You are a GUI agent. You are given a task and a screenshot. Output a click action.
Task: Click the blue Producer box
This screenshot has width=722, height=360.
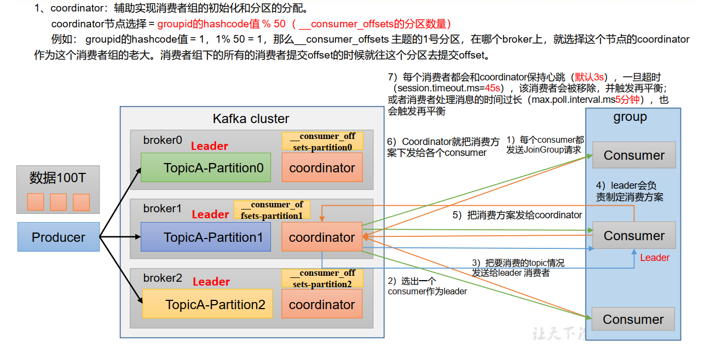click(x=59, y=237)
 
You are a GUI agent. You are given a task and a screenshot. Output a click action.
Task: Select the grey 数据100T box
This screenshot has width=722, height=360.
click(x=58, y=189)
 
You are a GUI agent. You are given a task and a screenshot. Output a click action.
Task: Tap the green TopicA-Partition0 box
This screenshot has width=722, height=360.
click(x=206, y=167)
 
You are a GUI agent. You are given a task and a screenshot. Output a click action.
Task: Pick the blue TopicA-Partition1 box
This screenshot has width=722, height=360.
click(x=206, y=237)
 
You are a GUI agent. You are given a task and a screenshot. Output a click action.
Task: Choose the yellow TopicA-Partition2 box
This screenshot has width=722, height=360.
click(x=207, y=304)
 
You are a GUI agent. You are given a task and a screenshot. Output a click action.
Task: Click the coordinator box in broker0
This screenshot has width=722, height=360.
click(x=322, y=167)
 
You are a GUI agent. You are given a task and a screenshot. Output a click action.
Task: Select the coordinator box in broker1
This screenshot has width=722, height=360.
click(x=322, y=237)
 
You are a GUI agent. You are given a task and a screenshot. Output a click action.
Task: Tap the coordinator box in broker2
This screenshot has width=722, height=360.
click(x=322, y=304)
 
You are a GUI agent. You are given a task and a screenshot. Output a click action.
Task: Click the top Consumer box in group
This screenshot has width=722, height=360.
click(x=634, y=155)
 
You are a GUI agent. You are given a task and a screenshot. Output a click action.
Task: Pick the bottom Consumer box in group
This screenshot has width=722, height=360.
click(x=633, y=319)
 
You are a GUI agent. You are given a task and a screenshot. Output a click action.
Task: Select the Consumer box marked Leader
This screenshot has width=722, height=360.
click(x=634, y=236)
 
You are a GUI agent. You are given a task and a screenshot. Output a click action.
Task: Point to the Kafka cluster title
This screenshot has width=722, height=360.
click(x=251, y=119)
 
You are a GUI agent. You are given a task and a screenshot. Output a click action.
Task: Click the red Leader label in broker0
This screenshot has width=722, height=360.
click(x=209, y=146)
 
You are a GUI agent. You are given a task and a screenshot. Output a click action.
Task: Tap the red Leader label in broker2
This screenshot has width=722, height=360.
click(x=211, y=282)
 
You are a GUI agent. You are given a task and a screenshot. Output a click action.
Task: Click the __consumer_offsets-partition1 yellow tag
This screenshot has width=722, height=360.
click(x=272, y=210)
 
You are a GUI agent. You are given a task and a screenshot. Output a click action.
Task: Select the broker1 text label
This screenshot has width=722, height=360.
click(x=162, y=208)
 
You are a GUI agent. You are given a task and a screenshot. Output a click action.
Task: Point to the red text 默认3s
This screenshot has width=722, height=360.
click(x=589, y=78)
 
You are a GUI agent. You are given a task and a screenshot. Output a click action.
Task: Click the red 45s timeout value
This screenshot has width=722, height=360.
click(x=493, y=89)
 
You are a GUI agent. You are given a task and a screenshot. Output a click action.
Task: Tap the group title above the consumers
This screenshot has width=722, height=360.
click(x=630, y=117)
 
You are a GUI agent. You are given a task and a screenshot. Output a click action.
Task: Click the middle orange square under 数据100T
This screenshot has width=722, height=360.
click(x=58, y=202)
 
